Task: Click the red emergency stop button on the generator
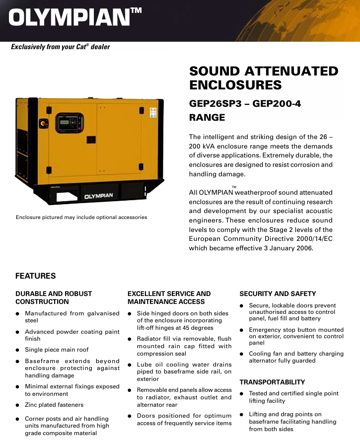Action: [43, 123]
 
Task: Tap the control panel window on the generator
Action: [69, 122]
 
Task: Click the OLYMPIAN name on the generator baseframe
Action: [98, 196]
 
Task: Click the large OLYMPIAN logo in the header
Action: [70, 18]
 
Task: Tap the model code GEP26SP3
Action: [218, 104]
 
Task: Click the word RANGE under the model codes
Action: [207, 118]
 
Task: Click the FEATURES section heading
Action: [35, 276]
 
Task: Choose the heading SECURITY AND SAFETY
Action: [278, 294]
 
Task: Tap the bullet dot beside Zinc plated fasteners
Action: [18, 405]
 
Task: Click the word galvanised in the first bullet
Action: [104, 313]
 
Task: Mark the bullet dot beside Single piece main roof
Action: [18, 350]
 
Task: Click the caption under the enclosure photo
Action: [81, 217]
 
